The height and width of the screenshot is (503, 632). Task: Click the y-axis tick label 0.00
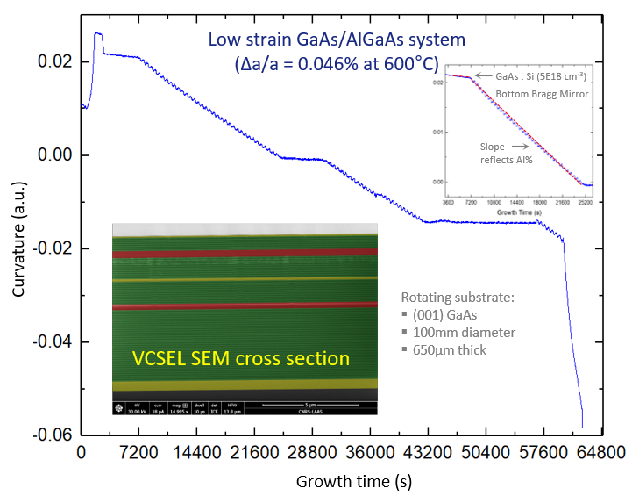pyautogui.click(x=56, y=155)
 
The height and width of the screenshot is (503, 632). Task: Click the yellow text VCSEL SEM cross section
pyautogui.click(x=241, y=358)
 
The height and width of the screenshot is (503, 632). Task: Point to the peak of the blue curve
pyautogui.click(x=97, y=33)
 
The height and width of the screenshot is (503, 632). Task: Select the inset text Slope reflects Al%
pyautogui.click(x=506, y=153)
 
